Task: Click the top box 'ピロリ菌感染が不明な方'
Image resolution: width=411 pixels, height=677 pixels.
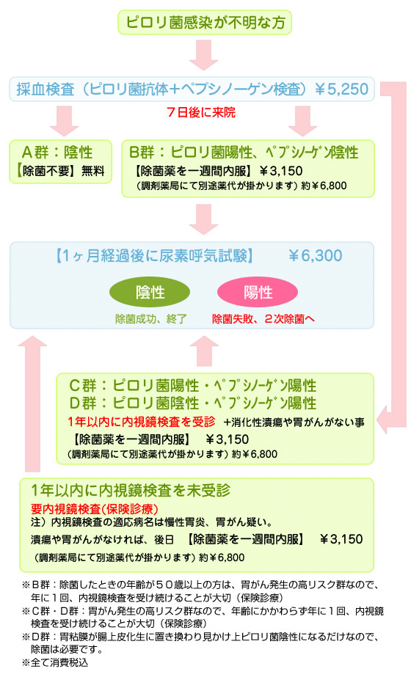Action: tap(205, 22)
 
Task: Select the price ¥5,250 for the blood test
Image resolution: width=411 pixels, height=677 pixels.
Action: tap(341, 89)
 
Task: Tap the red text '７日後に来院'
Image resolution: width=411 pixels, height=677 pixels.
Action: tap(201, 112)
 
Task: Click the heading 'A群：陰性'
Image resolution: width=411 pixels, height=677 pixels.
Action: tap(57, 152)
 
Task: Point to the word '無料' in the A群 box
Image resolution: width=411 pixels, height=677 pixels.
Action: tap(93, 171)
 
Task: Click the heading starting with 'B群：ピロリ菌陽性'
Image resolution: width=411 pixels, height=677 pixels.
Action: tap(244, 152)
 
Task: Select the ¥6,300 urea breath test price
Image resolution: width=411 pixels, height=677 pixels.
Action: tap(315, 255)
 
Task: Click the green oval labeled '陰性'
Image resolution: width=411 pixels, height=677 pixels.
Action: tap(150, 292)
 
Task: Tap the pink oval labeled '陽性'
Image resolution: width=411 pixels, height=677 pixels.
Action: tap(258, 292)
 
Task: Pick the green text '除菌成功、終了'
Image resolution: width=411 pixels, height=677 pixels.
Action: tap(151, 319)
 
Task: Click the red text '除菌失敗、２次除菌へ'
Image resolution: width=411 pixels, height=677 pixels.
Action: tap(263, 319)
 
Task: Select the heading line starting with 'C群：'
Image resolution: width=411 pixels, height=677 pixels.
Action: tap(193, 385)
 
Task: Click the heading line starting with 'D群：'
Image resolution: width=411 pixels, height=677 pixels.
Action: tap(193, 403)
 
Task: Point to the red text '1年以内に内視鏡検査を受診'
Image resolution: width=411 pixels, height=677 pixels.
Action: tap(142, 422)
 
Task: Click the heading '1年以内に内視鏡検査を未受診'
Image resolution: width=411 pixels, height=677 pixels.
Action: tap(131, 491)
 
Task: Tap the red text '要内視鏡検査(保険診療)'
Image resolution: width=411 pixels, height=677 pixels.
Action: tap(95, 509)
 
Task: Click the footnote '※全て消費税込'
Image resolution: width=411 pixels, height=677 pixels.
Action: tap(55, 662)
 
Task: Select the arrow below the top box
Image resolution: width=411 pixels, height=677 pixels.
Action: tap(203, 55)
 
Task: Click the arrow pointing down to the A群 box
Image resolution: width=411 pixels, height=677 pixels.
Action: tap(65, 121)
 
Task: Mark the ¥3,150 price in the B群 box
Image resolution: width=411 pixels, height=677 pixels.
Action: tap(281, 171)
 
